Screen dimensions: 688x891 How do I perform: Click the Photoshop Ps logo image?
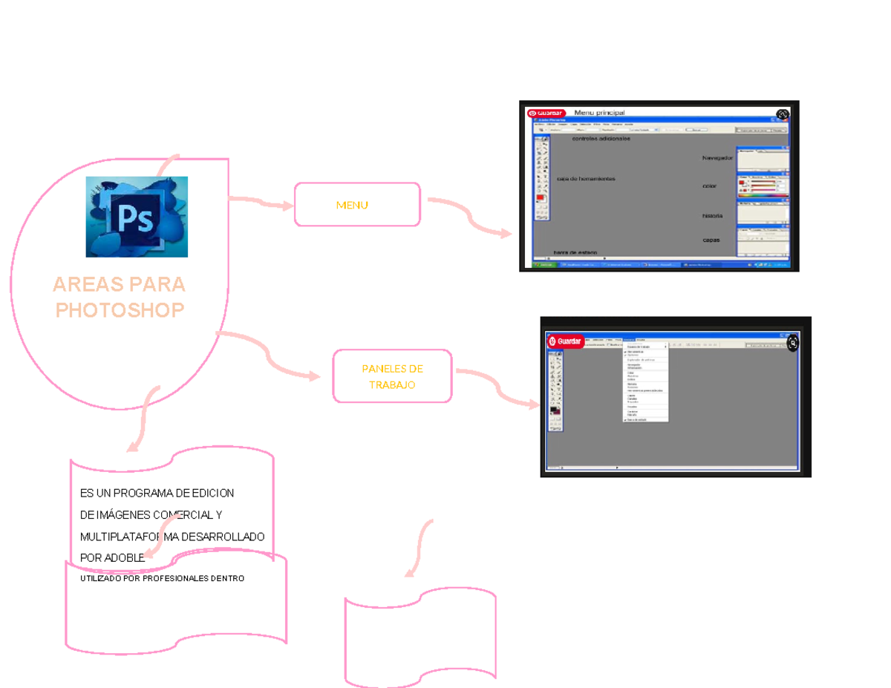point(137,217)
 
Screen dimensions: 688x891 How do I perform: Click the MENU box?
point(357,204)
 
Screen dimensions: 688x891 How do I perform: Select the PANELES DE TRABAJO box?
point(392,376)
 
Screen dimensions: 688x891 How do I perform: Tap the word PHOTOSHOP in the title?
point(120,309)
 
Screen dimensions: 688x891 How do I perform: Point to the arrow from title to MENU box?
point(261,203)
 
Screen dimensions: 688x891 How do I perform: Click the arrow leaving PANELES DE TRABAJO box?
point(497,386)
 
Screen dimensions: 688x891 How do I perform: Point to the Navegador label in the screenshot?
point(717,158)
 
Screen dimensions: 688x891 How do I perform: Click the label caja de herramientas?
point(586,179)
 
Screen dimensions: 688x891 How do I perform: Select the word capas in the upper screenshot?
point(711,240)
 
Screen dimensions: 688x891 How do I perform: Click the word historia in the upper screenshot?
point(712,216)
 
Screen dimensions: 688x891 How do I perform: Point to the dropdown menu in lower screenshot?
point(645,381)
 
